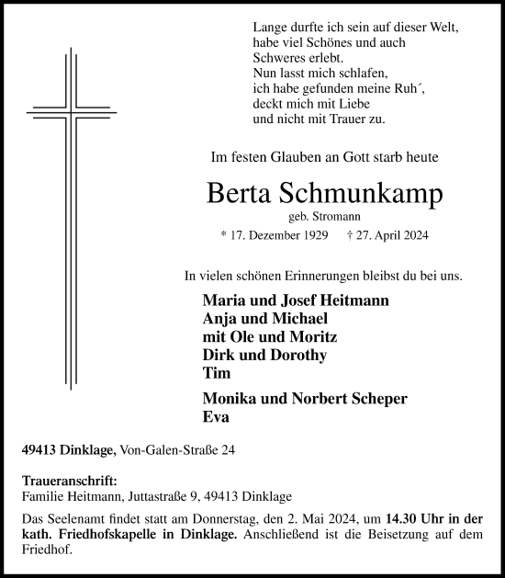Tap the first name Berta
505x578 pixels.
[x=241, y=195]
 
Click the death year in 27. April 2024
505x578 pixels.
[x=412, y=236]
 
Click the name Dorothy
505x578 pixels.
[x=299, y=355]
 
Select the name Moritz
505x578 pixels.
[x=302, y=336]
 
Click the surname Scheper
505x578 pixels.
[x=377, y=398]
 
